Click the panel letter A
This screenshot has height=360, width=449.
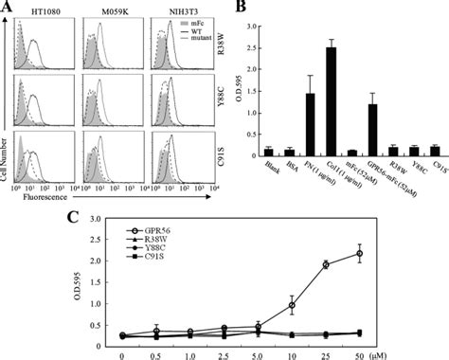pyautogui.click(x=9, y=9)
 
